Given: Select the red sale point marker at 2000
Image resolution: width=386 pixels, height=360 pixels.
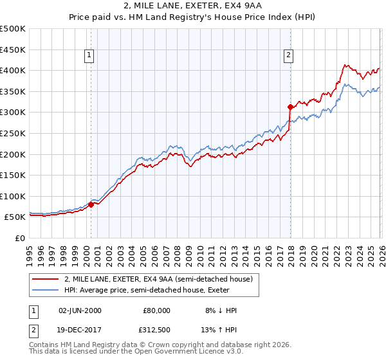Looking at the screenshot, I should tap(91, 204).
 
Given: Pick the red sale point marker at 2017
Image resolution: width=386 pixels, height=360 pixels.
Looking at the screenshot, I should tap(290, 107).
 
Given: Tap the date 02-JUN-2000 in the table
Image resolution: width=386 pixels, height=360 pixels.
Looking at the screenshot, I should tap(80, 310).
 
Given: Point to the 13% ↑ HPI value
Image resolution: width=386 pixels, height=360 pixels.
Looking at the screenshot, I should tap(220, 331).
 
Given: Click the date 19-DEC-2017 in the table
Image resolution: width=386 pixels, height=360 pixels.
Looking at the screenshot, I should tap(80, 331).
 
